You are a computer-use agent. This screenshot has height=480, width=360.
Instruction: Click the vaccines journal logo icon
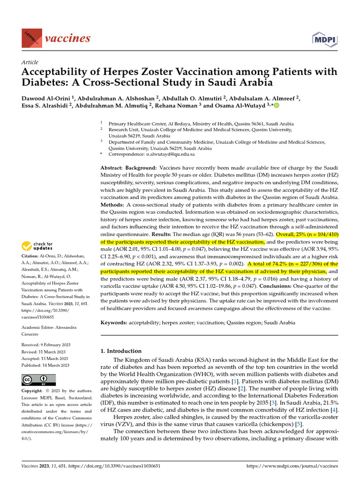pos(30,37)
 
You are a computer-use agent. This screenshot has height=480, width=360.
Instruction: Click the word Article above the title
pos(30,62)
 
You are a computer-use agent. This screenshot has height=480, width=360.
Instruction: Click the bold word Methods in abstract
pos(112,205)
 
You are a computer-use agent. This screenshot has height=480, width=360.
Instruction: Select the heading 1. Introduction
pos(121,351)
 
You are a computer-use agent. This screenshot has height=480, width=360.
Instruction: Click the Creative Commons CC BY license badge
pos(39,380)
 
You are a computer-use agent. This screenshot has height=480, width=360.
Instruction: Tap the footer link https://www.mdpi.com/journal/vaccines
pos(292,466)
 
